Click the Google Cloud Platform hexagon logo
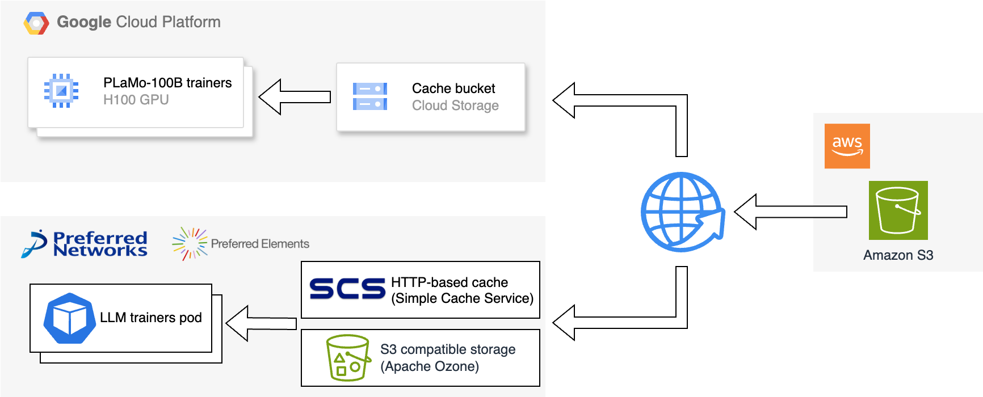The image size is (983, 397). tap(36, 23)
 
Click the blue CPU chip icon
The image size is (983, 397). tap(61, 91)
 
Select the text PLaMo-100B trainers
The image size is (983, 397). tap(167, 83)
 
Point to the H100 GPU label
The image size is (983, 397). tap(136, 100)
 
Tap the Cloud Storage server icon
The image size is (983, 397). tap(370, 96)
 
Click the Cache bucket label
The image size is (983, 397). tap(453, 88)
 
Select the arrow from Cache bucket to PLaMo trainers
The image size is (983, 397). tap(295, 97)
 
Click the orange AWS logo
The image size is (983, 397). tap(847, 146)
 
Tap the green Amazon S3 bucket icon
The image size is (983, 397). tap(898, 210)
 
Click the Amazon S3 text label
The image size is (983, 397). tap(898, 255)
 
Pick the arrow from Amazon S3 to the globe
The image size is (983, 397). tap(791, 212)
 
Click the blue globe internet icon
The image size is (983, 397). tap(683, 212)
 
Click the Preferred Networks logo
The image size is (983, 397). tap(84, 244)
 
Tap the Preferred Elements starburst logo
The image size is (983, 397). tap(190, 244)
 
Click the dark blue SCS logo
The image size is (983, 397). tap(347, 289)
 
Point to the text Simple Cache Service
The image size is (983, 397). tap(463, 298)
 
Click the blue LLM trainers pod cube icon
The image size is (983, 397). tap(70, 318)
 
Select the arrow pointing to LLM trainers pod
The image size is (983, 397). tap(261, 323)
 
